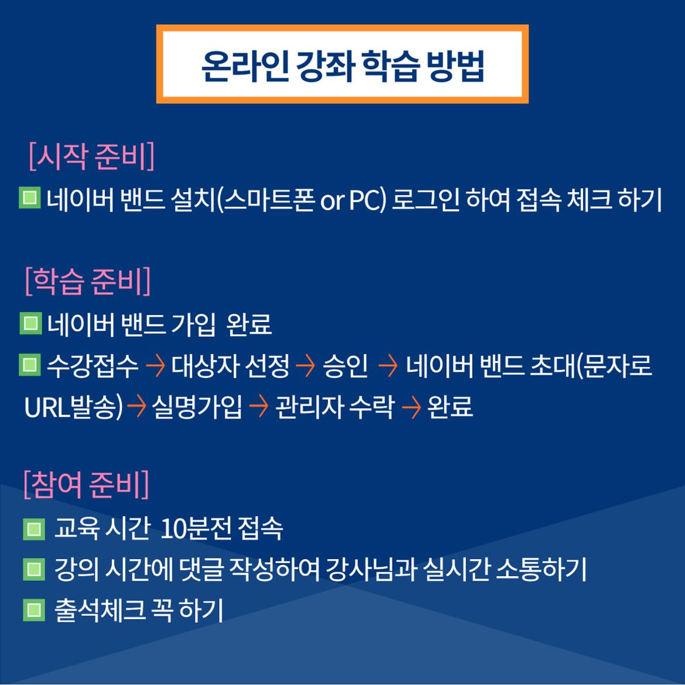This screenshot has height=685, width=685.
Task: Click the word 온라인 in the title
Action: pyautogui.click(x=245, y=66)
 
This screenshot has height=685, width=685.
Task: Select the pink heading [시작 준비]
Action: pyautogui.click(x=92, y=156)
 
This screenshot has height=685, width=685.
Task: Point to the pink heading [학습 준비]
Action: pyautogui.click(x=88, y=282)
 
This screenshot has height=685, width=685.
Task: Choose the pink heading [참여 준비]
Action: pyautogui.click(x=87, y=485)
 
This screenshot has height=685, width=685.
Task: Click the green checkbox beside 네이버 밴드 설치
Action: pyautogui.click(x=30, y=198)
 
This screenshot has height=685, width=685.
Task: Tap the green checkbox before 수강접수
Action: pyautogui.click(x=30, y=365)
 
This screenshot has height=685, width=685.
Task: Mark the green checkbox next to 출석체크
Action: pyautogui.click(x=33, y=610)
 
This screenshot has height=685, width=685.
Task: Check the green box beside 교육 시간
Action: pyautogui.click(x=33, y=529)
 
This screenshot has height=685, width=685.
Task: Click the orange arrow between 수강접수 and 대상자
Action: pyautogui.click(x=156, y=366)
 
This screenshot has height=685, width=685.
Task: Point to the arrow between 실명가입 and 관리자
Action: pyautogui.click(x=259, y=407)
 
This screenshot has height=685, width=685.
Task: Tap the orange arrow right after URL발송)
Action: pyautogui.click(x=136, y=407)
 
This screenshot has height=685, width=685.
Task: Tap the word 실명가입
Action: pyautogui.click(x=197, y=407)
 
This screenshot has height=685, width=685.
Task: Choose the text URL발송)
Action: pyautogui.click(x=73, y=407)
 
